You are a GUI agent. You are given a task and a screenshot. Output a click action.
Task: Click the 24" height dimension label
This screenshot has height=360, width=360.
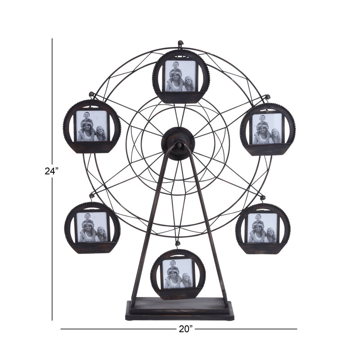point(52,171)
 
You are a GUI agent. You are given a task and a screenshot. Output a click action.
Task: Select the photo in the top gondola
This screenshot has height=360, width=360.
point(180,76)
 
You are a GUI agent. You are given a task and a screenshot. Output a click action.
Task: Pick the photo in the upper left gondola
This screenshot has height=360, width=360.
point(92,126)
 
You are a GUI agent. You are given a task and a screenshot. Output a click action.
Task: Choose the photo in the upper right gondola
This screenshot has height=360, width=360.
point(267,129)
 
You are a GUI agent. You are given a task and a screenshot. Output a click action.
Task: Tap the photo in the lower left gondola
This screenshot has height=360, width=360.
point(92,227)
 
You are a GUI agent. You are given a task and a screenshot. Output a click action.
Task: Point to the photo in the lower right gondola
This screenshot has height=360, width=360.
point(263,228)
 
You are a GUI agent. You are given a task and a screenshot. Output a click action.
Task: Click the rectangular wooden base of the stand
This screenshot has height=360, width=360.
point(180,309)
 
